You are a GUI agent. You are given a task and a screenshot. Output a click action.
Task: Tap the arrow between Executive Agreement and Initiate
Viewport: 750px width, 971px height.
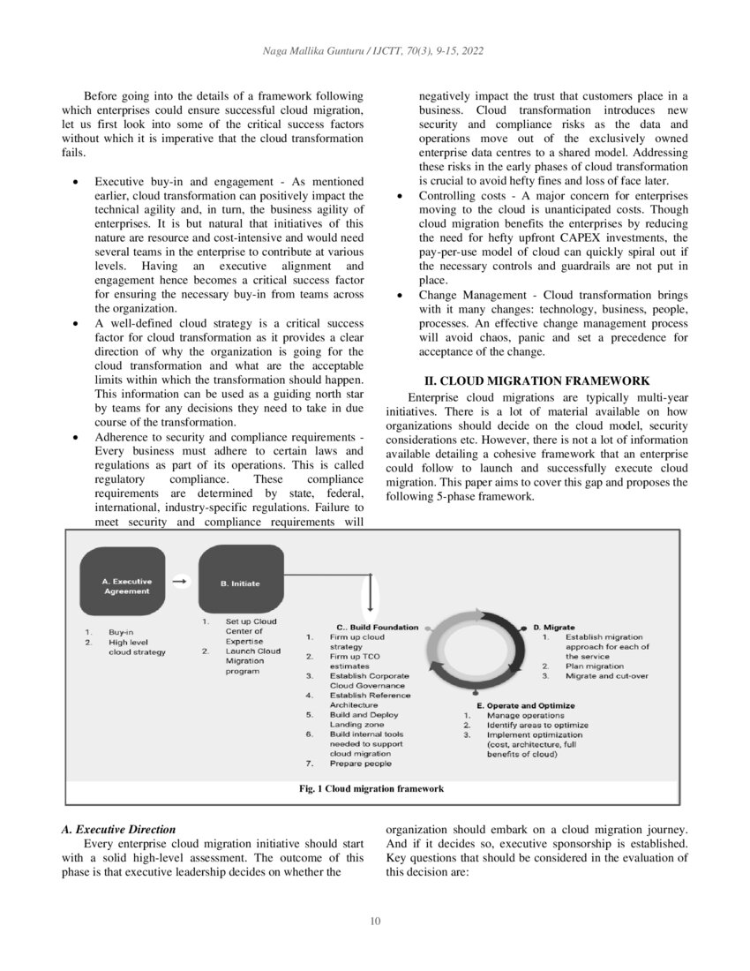coord(181,582)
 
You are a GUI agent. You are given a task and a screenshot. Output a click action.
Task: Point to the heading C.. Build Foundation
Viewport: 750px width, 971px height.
coord(378,627)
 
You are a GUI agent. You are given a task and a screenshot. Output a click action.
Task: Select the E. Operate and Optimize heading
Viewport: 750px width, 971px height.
coord(526,705)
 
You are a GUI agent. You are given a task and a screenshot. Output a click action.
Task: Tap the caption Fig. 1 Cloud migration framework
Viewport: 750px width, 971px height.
coord(371,788)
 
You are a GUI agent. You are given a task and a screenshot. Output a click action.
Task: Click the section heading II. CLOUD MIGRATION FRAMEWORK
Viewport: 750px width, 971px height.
coord(537,380)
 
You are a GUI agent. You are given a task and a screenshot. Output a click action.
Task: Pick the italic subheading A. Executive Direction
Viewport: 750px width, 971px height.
coord(118,830)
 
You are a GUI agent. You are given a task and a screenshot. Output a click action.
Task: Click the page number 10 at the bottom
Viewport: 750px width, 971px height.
coord(375,922)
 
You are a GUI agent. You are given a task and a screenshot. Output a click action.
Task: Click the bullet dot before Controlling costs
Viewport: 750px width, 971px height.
coord(401,195)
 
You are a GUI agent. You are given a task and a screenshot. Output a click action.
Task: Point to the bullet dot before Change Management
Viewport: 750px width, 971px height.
coord(401,295)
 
